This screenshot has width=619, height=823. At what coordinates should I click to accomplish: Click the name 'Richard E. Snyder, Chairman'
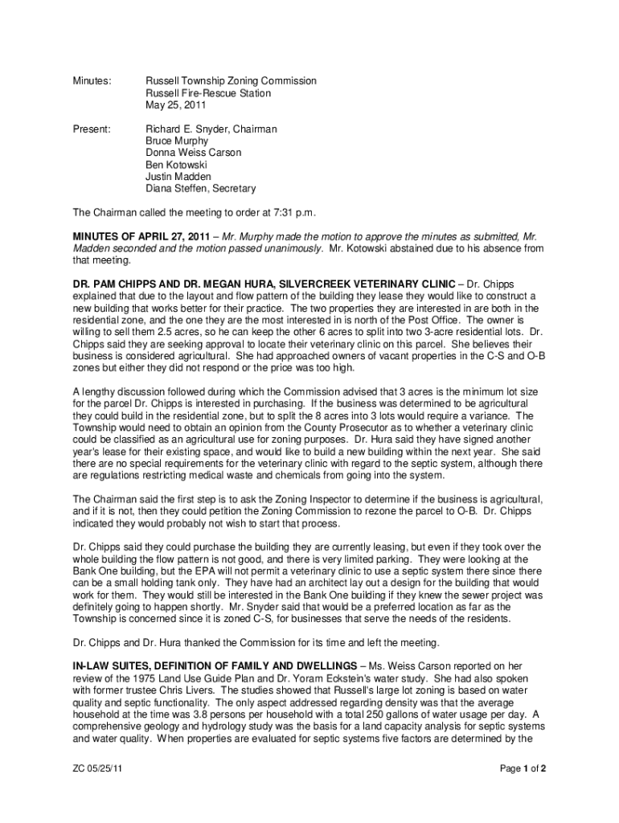[x=211, y=129]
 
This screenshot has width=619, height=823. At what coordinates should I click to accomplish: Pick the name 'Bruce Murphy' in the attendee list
[x=176, y=141]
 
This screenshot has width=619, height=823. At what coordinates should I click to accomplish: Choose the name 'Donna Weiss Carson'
[x=193, y=153]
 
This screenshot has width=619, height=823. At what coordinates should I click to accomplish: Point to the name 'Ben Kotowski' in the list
[x=176, y=165]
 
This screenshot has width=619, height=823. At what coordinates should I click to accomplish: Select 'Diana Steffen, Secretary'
[x=200, y=189]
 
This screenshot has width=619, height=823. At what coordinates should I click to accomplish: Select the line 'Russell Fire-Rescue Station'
[x=207, y=93]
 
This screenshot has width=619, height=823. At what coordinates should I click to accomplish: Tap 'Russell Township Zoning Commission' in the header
[x=231, y=81]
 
